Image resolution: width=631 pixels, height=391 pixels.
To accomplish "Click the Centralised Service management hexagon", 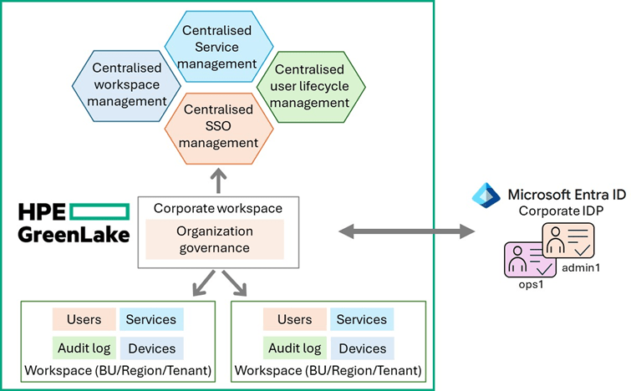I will (218, 46).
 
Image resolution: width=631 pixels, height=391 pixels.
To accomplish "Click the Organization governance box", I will (216, 239).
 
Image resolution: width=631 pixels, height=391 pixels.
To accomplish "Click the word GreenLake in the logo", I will (74, 234).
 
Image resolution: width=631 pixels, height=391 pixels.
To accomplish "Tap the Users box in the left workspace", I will (84, 319).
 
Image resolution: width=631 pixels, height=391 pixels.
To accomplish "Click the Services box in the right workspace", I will (361, 319).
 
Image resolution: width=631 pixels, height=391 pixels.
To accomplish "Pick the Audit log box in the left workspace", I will (84, 348).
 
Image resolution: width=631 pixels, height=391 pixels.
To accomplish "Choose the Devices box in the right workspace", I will (361, 348).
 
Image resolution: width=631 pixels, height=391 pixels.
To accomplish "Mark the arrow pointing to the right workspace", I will (237, 284).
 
